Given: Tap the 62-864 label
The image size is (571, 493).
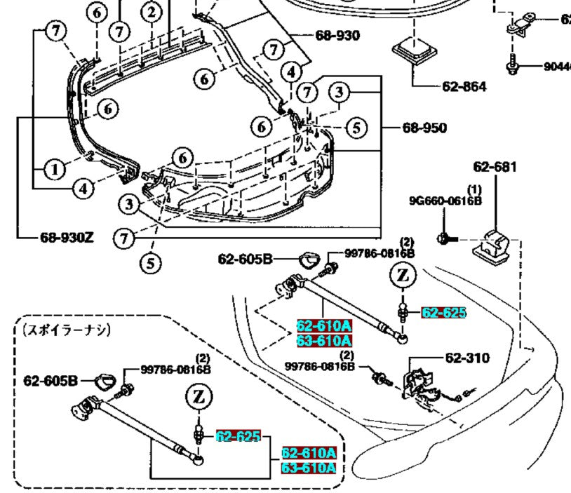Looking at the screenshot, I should point(464,87).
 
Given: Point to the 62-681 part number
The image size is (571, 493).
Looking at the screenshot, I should point(495,167).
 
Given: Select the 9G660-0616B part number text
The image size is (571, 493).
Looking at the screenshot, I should point(445,201).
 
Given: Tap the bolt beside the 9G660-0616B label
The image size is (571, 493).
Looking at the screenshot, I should point(445,239).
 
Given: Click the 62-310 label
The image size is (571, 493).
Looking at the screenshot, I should point(467,358).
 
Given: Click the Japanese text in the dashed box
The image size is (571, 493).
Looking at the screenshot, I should point(67,330).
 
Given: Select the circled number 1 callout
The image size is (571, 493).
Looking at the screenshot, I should point(53,168).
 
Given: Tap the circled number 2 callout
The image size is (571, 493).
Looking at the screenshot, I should point(149,11).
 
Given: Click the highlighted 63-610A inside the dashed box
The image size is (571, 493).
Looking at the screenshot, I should point(308,468).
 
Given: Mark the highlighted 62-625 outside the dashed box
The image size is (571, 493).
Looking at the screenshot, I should point(443,313).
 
